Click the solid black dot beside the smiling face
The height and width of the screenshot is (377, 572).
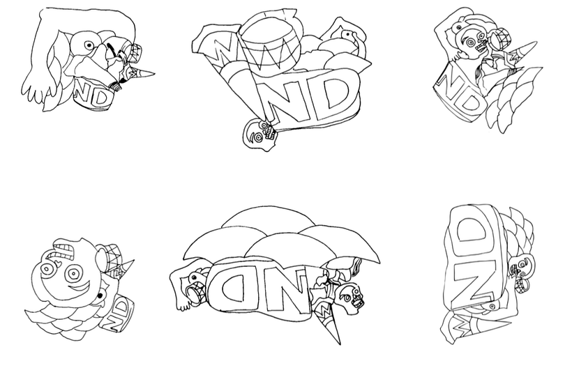tap(99, 295)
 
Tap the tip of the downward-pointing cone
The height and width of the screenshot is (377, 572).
tap(340, 344)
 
